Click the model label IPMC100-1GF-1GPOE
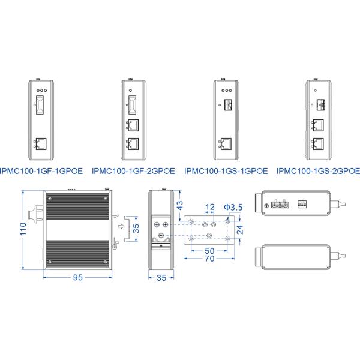pos(41,170)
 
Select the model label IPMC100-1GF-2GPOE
pos(133,170)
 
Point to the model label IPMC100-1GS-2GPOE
pos(318,170)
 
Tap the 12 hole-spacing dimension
pos(209,208)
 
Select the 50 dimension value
pos(209,251)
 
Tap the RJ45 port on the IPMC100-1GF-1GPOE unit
pos(41,143)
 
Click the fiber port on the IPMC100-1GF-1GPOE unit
pos(41,106)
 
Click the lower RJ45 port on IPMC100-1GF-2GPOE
pos(134,144)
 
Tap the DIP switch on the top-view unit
pos(302,203)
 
